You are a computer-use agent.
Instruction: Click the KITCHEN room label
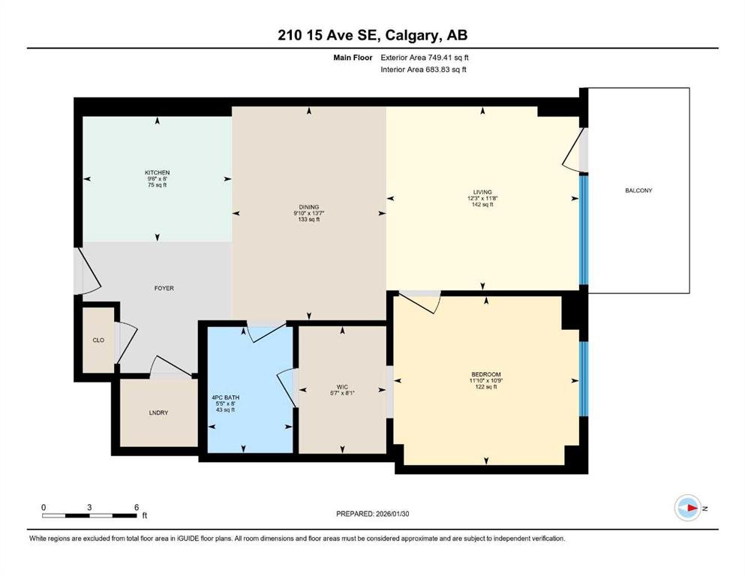click(158, 172)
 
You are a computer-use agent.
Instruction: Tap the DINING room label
click(309, 207)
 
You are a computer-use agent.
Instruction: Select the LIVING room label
click(482, 192)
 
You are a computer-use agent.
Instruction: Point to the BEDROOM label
click(486, 374)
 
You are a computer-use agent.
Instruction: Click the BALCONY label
click(638, 190)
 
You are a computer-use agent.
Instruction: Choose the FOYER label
click(164, 288)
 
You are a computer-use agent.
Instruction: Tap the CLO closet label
click(98, 340)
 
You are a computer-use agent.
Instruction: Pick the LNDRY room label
click(158, 412)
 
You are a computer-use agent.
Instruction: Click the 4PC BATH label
click(226, 397)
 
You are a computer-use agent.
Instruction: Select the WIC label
click(342, 387)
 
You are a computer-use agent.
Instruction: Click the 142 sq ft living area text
click(482, 205)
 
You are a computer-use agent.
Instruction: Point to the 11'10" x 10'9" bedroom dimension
click(486, 380)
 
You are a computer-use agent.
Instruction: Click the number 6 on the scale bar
click(137, 507)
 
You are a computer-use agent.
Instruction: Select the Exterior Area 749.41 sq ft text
click(425, 58)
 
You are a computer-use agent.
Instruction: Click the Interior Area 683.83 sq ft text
click(423, 69)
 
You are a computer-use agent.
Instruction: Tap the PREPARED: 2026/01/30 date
click(372, 514)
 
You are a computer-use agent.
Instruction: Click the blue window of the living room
click(584, 229)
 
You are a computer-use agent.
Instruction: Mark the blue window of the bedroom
click(584, 379)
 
